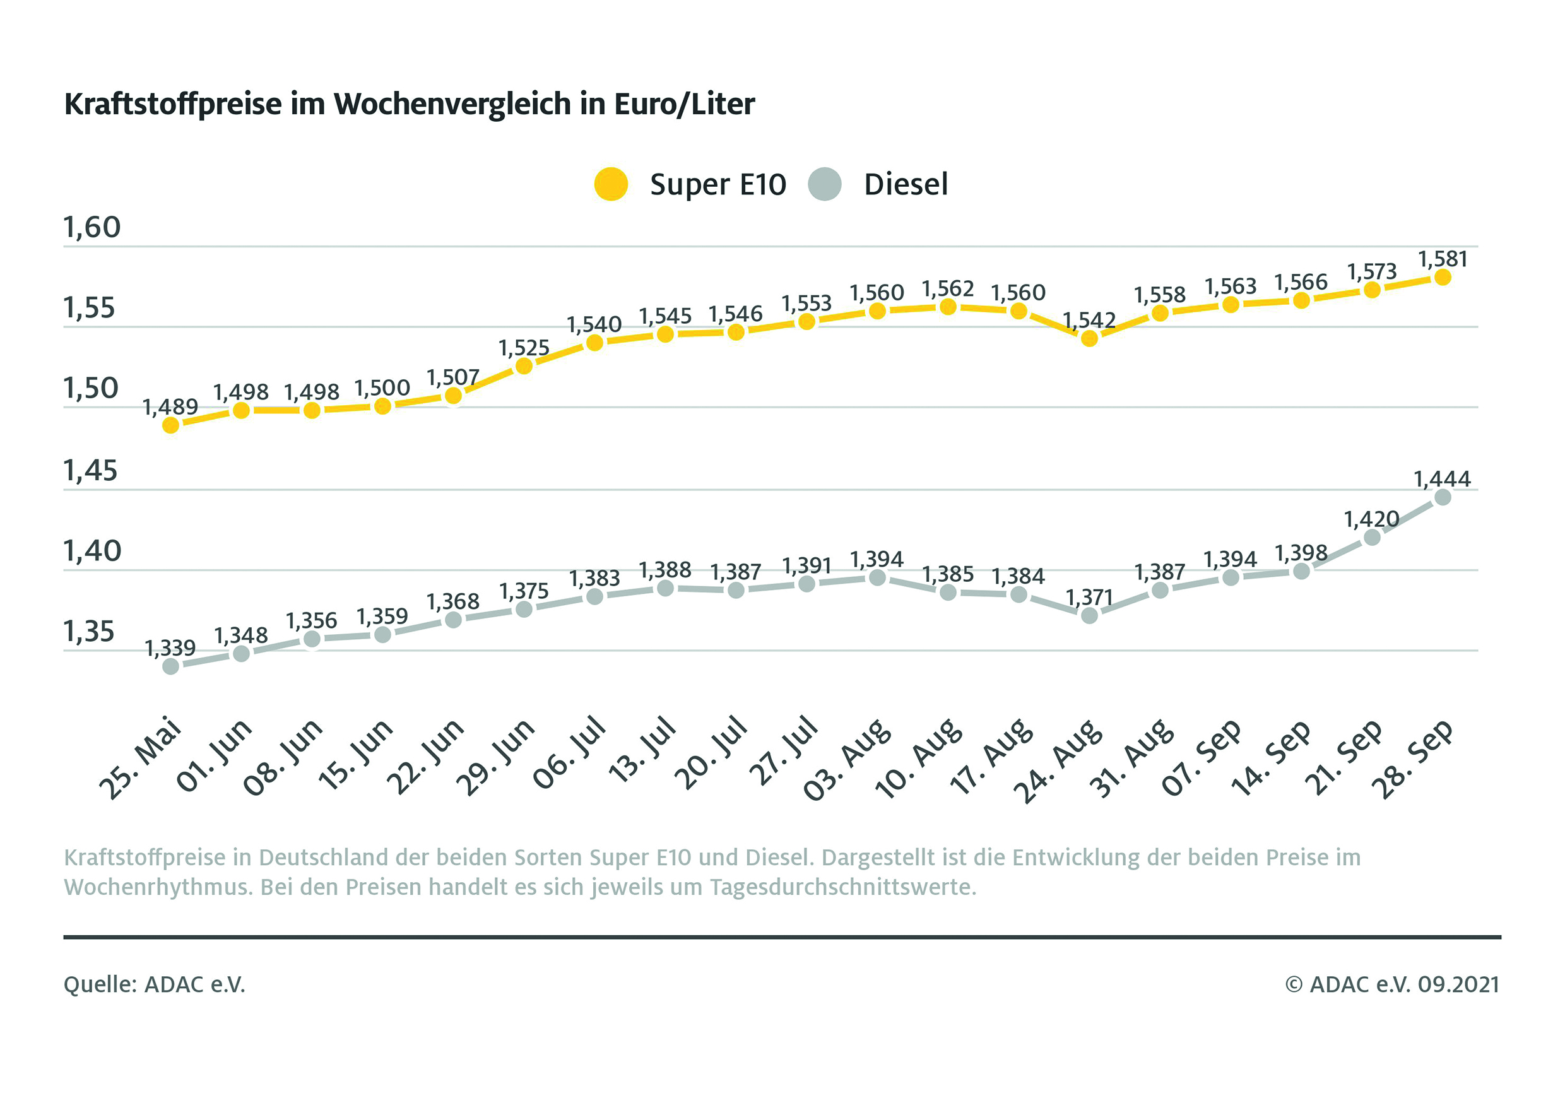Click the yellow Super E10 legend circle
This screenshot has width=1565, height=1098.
tap(610, 184)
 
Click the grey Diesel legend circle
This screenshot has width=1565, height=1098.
tap(824, 184)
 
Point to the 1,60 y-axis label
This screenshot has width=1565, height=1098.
tap(92, 227)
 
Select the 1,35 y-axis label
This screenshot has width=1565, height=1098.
tap(89, 632)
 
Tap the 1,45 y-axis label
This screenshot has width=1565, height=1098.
tap(91, 470)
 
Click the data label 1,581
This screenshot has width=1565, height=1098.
tap(1443, 259)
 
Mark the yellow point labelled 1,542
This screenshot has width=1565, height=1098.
tap(1089, 338)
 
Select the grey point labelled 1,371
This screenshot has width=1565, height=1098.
tap(1089, 615)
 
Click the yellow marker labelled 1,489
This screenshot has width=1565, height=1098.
tap(171, 425)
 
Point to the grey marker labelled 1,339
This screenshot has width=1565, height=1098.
tap(171, 666)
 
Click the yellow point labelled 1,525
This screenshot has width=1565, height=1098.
tap(524, 366)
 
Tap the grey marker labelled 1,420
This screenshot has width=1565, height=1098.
tap(1372, 537)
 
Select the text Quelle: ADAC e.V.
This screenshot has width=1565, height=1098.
tap(154, 984)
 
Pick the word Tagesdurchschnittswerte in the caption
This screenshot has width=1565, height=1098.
tap(843, 887)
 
